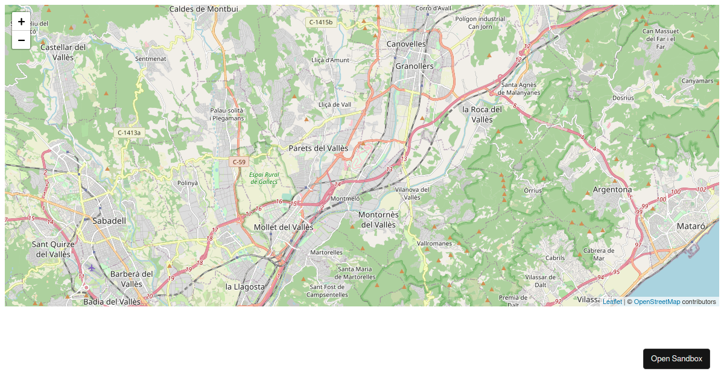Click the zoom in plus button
coord(21,21)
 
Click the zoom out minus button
coord(21,40)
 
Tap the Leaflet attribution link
coord(612,302)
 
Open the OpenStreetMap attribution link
coord(656,302)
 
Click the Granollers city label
coord(414,66)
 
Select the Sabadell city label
coord(110,221)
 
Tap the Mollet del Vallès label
coord(284,227)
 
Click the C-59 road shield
coord(240,162)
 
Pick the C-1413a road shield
coord(129,133)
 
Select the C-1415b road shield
coord(321,22)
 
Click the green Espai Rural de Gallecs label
coord(264,178)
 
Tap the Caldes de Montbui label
coord(204,9)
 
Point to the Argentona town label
coord(612,189)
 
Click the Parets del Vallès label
coord(319,148)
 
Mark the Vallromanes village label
coord(434,244)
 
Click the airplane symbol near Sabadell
coord(91,267)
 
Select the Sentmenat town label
coord(150,59)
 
